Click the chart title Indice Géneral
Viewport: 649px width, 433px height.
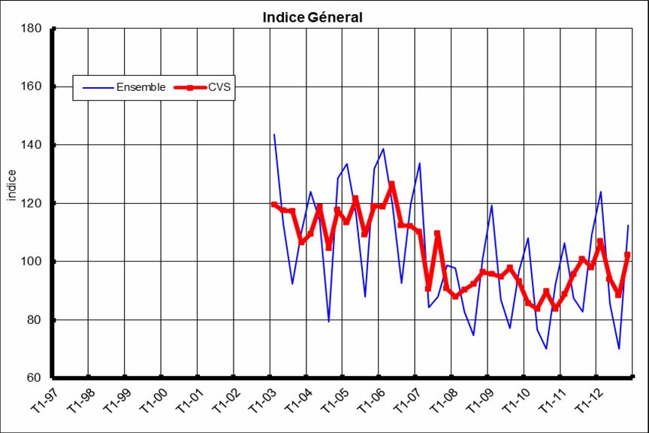pos(312,17)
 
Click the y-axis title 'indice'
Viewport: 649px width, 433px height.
pos(11,185)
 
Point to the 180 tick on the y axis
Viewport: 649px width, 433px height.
pos(32,29)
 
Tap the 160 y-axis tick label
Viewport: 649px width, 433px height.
pos(32,86)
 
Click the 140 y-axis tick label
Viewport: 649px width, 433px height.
pos(32,145)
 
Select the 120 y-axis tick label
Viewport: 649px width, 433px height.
pos(32,203)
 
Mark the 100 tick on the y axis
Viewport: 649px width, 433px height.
pos(32,262)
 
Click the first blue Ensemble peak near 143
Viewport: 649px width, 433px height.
pos(274,135)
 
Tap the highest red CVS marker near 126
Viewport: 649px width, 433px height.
pos(392,184)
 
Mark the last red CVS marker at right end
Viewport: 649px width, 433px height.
pos(628,255)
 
